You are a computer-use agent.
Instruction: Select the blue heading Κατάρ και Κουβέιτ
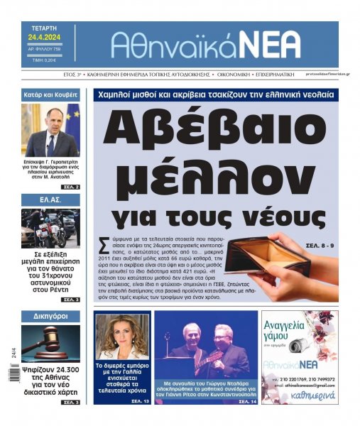click(50, 94)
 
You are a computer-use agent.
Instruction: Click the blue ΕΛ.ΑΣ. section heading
click(50, 201)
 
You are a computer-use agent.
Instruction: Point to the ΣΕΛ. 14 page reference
click(244, 402)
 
